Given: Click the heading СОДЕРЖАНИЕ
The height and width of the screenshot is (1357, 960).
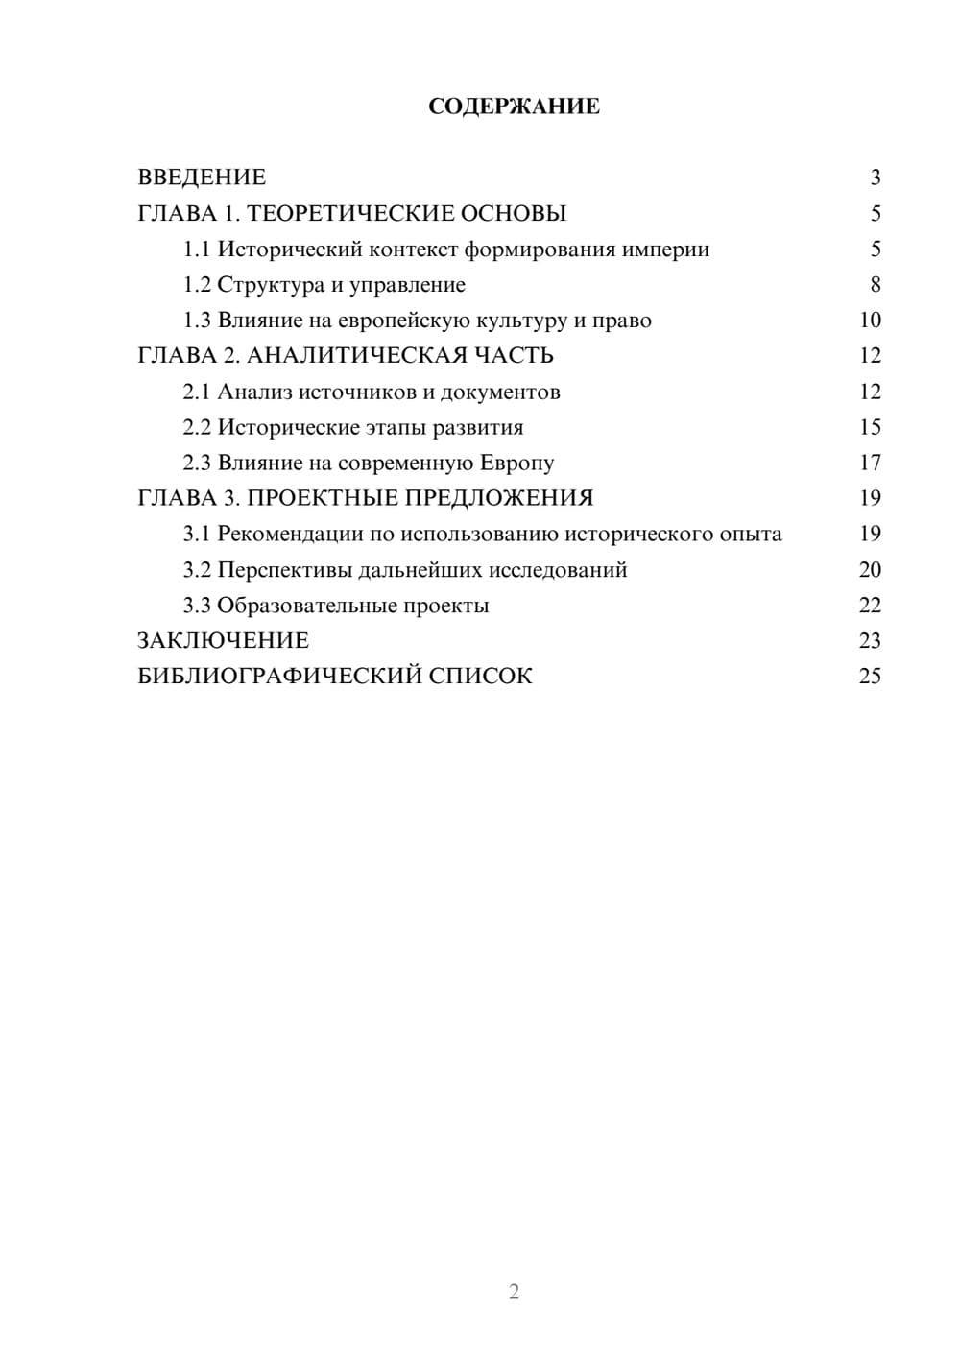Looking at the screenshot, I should pos(514,107).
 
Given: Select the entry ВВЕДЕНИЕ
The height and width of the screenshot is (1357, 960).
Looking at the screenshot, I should pos(202,178).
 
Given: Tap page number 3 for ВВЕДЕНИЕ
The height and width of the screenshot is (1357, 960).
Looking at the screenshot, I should pos(875,178).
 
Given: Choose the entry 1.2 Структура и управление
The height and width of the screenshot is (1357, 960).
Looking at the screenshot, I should pos(324,285).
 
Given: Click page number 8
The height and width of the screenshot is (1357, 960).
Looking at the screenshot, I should pos(875,285).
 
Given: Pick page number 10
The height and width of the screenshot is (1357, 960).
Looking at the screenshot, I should pos(870,321).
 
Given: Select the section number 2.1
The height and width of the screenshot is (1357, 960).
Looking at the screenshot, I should pos(197,392).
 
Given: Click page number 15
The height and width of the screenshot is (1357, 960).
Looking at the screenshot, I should pos(870,427).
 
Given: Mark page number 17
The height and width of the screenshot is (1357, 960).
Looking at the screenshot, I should pos(870,463).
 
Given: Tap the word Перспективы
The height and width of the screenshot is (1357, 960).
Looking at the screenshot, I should pos(284,570).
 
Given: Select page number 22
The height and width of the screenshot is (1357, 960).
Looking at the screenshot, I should pos(870,606).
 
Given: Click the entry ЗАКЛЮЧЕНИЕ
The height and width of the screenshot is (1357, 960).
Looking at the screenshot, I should pos(223,640).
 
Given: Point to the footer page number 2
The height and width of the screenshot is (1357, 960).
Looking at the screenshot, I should pos(514,1292).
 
